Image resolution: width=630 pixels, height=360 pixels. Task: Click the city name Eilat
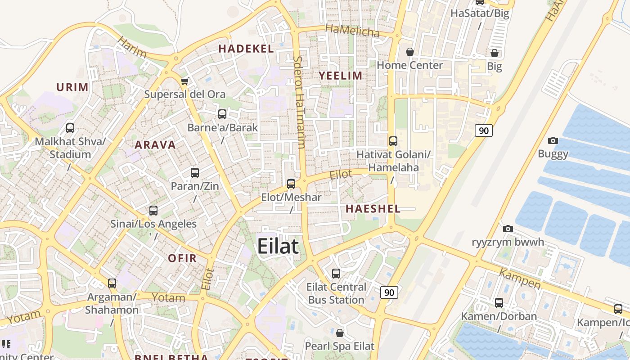(278, 247)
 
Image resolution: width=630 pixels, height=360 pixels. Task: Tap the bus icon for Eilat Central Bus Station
(336, 273)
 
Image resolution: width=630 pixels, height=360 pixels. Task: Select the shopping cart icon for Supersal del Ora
(184, 81)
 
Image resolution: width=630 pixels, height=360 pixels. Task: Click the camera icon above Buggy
(553, 140)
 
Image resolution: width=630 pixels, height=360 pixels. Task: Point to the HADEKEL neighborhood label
(246, 49)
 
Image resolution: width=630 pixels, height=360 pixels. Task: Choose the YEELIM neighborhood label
(341, 76)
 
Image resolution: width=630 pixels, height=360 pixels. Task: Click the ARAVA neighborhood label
(155, 145)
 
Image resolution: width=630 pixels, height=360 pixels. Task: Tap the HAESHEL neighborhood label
(373, 209)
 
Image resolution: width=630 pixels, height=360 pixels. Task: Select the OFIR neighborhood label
(182, 258)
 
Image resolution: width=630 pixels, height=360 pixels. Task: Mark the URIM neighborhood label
(72, 87)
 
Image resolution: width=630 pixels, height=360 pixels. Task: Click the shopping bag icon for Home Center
(410, 52)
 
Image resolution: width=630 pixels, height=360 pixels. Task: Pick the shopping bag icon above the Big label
(495, 53)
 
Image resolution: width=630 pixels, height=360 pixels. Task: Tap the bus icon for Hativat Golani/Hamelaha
(393, 141)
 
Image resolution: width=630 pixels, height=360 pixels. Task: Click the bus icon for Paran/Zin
(195, 173)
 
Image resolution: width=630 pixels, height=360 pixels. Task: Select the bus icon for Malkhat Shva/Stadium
(70, 128)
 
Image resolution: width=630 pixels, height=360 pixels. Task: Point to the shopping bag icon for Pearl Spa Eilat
(340, 333)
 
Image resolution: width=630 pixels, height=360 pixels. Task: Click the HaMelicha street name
(352, 31)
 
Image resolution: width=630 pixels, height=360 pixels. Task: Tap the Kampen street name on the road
(520, 279)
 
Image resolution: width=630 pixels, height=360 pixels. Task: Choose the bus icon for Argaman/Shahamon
(112, 283)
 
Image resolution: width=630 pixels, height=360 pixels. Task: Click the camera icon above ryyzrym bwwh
(508, 229)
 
